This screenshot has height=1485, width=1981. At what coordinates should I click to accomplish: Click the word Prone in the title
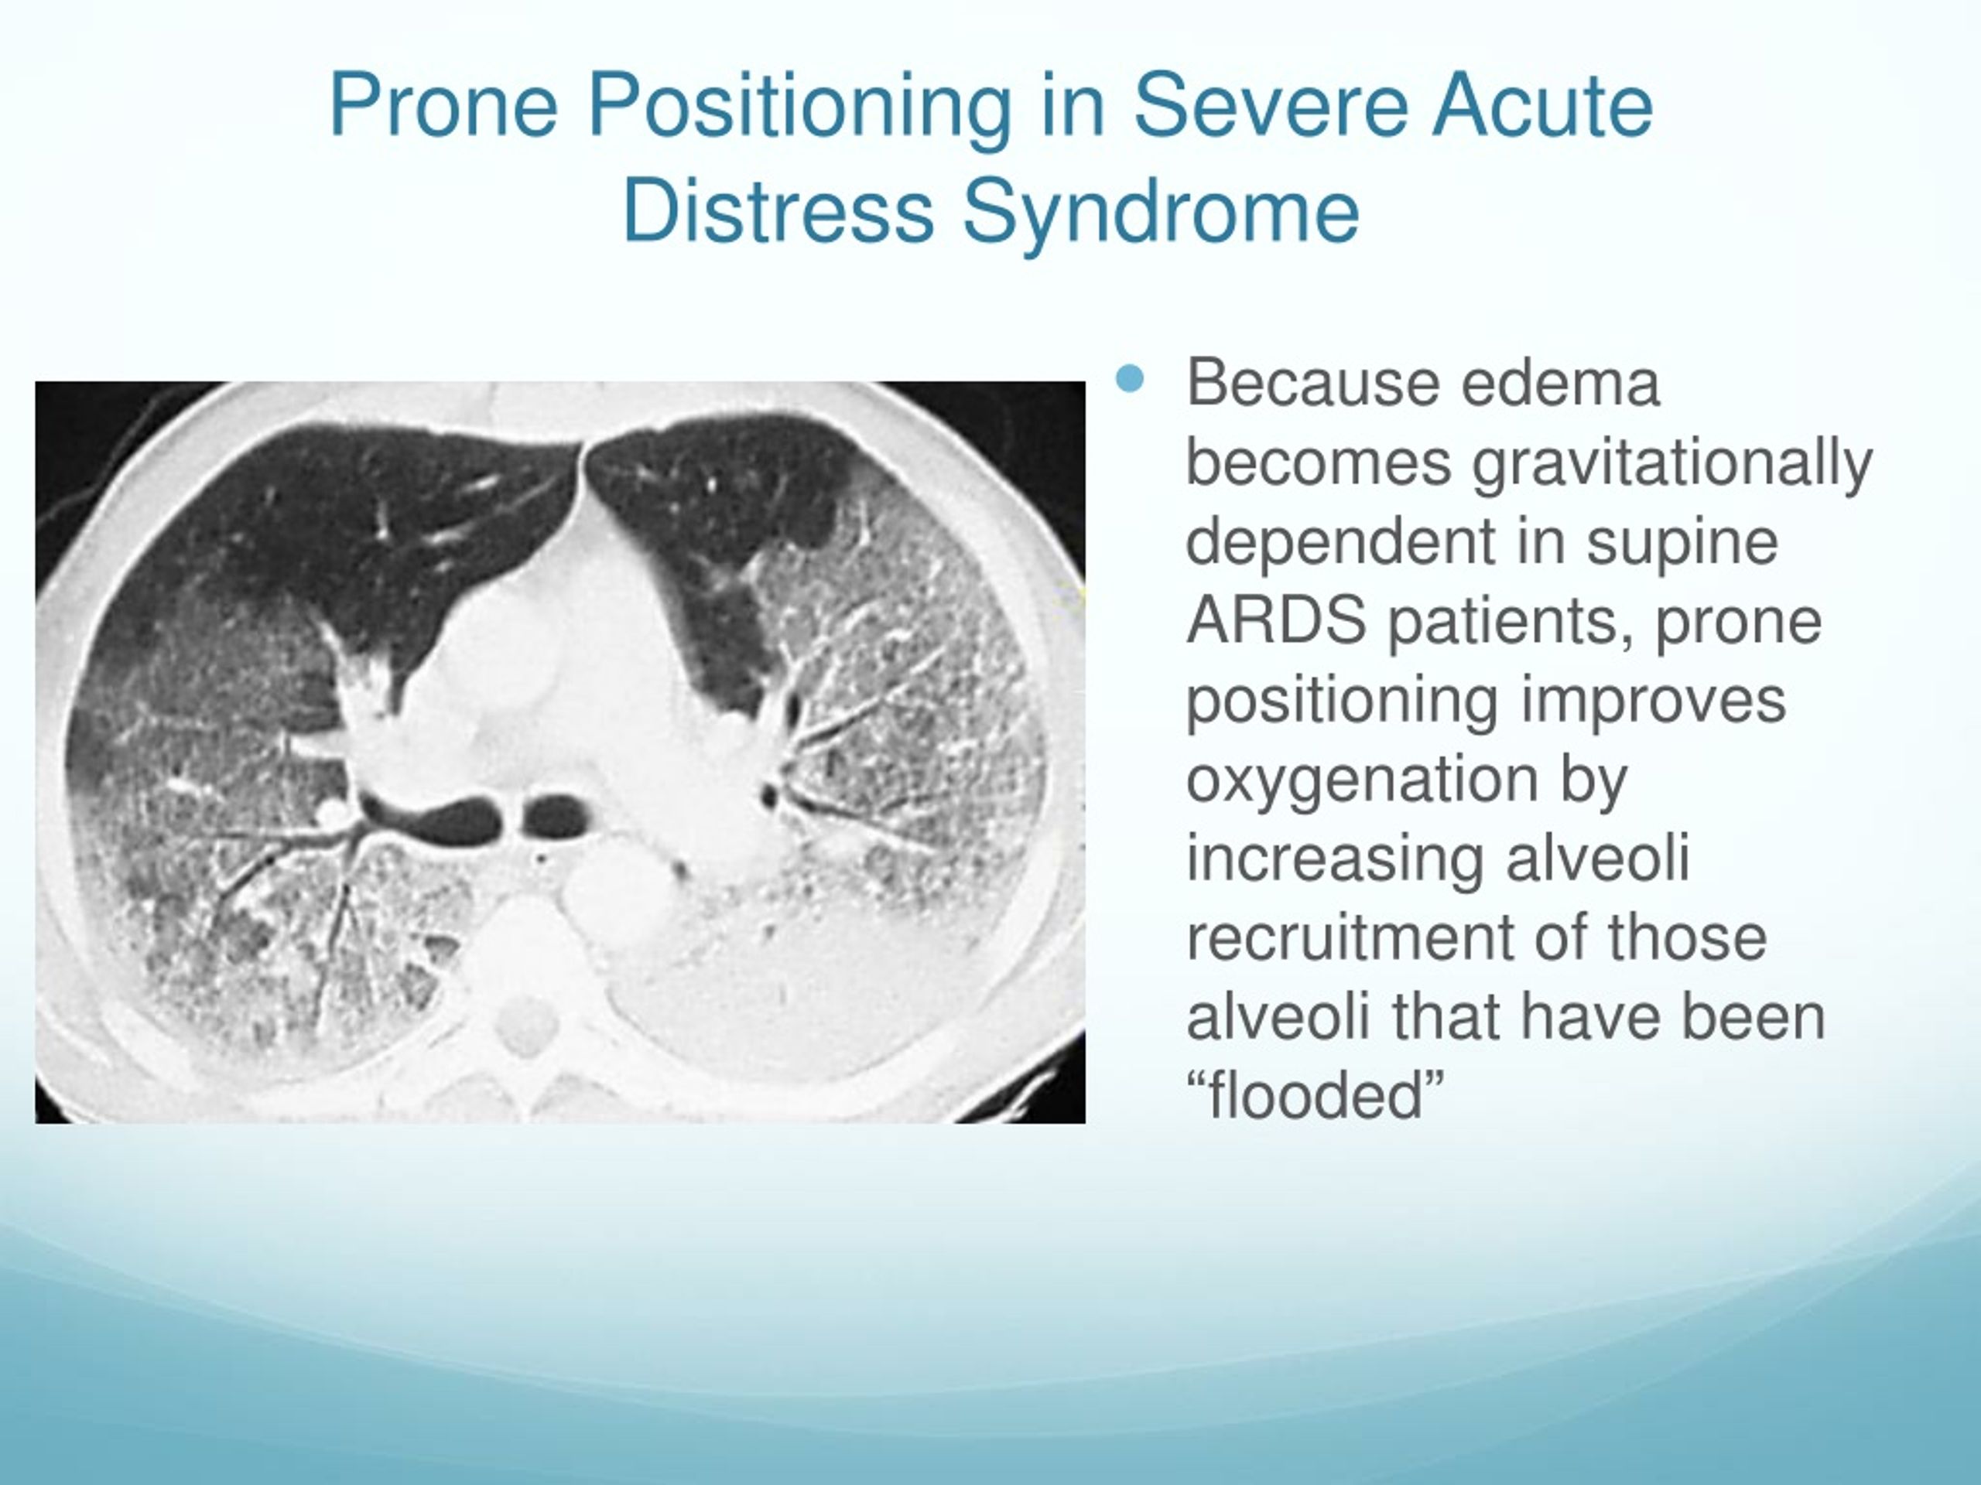(444, 106)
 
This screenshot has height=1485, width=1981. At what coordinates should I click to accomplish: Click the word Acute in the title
(1541, 106)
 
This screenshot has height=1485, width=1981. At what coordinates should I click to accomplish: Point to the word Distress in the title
(778, 212)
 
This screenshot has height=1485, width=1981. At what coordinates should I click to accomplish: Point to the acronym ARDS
(1276, 620)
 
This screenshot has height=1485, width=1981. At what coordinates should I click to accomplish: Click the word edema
(1561, 383)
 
